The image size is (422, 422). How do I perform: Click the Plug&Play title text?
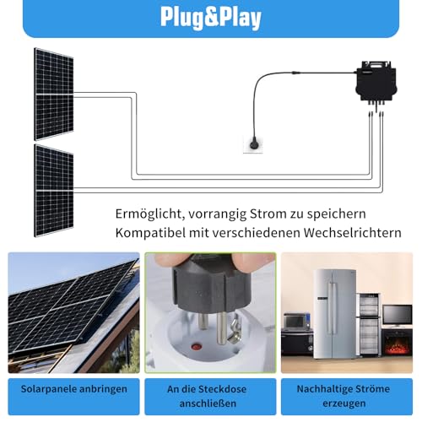click(211, 18)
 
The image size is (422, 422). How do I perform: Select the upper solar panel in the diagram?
click(54, 95)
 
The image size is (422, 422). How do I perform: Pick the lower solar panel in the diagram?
click(54, 191)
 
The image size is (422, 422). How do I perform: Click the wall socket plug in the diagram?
click(254, 143)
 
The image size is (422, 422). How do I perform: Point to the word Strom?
click(268, 214)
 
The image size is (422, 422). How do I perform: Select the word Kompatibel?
click(150, 233)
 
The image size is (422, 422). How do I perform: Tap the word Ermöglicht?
click(150, 214)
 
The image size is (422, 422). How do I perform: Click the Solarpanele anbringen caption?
click(73, 389)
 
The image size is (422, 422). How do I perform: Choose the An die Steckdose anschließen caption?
click(208, 396)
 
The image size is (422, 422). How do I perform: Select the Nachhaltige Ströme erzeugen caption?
click(344, 396)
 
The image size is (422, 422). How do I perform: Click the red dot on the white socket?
click(196, 346)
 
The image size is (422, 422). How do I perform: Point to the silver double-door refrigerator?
click(335, 314)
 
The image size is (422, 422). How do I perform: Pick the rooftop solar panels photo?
click(73, 313)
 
